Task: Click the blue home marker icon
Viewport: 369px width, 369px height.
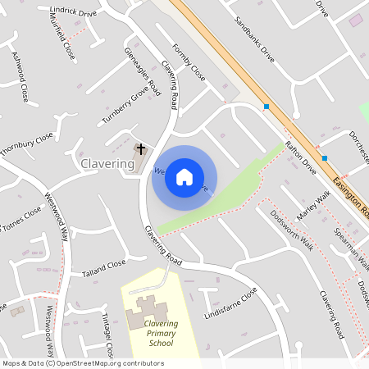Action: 184,177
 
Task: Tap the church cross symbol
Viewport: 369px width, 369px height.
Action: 142,149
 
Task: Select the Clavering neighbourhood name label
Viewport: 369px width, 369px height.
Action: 107,164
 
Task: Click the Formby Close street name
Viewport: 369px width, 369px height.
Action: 189,61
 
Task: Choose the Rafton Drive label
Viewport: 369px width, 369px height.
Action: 300,158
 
